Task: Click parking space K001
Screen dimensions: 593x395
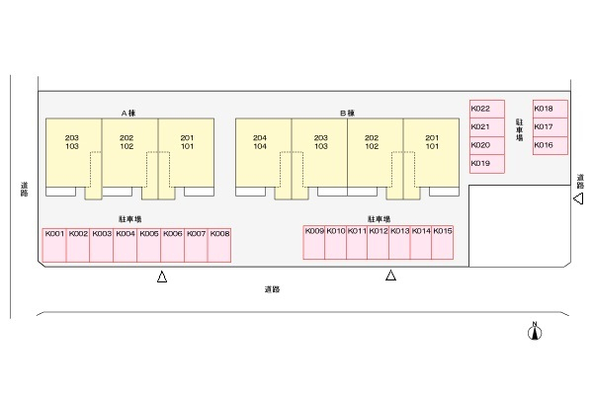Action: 54,245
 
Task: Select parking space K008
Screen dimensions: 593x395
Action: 219,245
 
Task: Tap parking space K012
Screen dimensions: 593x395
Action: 379,242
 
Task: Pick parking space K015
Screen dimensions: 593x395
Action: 443,242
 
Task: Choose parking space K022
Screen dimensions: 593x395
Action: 487,110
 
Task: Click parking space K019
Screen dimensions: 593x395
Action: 487,164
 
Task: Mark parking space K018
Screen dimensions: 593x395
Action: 551,110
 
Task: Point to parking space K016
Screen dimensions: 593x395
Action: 551,145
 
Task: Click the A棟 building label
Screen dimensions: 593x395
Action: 128,113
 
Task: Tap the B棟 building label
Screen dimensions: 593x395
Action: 347,113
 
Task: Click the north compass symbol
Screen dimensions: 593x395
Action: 535,332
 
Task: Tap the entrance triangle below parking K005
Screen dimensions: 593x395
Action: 162,276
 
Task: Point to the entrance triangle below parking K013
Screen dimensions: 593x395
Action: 390,276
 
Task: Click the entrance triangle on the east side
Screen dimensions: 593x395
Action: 578,198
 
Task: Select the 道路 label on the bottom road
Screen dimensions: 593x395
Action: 272,289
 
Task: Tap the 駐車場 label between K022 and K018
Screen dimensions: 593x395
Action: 519,129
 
